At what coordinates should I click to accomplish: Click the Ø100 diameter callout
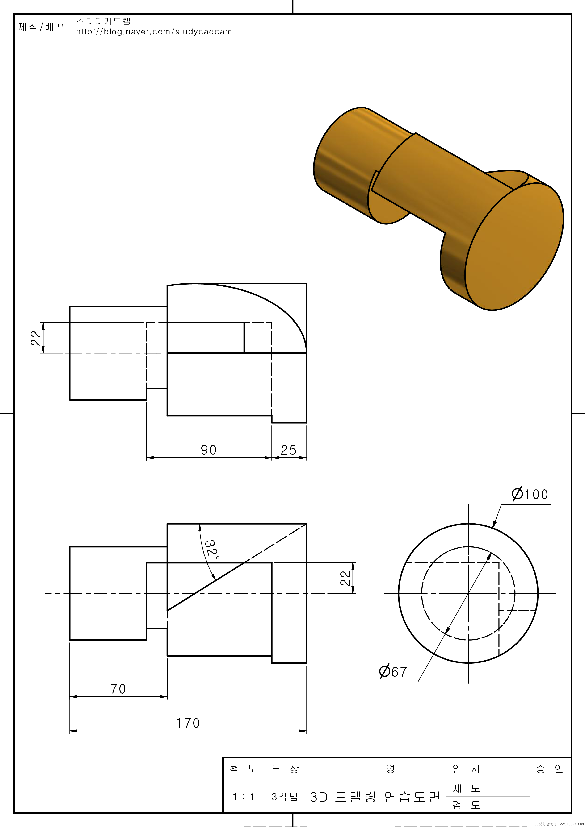coord(530,494)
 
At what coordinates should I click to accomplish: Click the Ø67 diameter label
coord(393,672)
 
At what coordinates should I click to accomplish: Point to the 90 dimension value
coord(208,450)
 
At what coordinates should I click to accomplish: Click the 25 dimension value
coord(288,450)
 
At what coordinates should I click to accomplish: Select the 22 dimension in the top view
coord(36,338)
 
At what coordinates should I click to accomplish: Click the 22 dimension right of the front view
coord(345,578)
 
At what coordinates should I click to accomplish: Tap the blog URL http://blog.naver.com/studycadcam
coord(154,32)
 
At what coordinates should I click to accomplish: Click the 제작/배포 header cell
coord(42,27)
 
